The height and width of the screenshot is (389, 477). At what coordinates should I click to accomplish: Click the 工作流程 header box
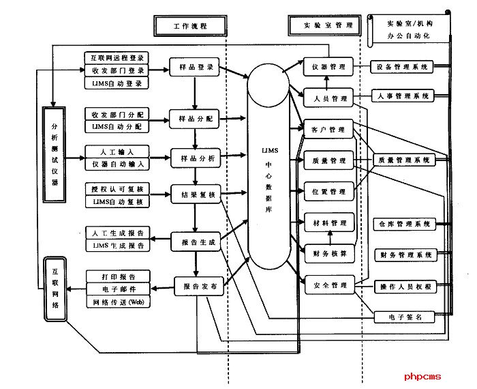(181, 25)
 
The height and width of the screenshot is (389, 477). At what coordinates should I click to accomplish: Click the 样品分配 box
(194, 118)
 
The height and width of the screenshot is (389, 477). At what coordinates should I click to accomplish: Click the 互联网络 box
(56, 289)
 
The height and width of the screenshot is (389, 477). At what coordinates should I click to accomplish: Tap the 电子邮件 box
(117, 289)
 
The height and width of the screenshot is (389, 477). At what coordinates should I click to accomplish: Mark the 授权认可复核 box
(117, 188)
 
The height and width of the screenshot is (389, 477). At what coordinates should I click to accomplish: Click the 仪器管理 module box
(329, 68)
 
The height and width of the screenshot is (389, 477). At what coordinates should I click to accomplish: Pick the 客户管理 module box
(328, 129)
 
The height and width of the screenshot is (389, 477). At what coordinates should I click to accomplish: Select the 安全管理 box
(328, 285)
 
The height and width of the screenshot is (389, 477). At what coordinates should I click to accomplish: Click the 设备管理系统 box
(402, 68)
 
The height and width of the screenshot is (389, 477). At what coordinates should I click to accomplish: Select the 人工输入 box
(117, 151)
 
